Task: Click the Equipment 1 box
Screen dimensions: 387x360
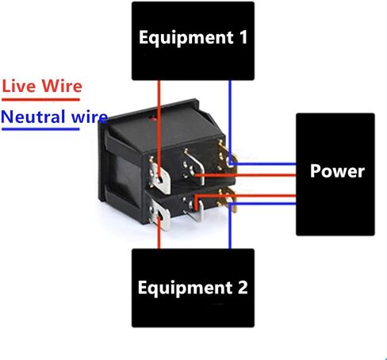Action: tap(193, 41)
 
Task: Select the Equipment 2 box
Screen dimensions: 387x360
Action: tap(193, 288)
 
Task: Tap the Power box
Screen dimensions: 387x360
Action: tap(335, 174)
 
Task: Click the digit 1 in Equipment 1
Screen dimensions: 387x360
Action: tap(243, 37)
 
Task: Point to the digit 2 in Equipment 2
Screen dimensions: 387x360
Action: tap(243, 287)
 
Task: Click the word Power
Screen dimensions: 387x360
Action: tap(337, 171)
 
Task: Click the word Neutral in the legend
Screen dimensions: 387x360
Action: tap(33, 117)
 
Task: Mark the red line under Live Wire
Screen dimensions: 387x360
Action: tap(40, 100)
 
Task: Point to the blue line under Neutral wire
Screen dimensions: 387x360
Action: tap(40, 129)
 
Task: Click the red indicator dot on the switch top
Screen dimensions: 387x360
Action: tap(152, 118)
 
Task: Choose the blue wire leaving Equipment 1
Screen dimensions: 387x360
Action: tap(230, 121)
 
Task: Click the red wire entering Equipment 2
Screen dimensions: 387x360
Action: tap(159, 232)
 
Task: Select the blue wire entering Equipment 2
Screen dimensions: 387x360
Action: tap(230, 225)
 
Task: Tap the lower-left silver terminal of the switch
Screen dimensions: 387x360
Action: tap(159, 214)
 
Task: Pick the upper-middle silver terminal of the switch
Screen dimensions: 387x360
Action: tap(195, 167)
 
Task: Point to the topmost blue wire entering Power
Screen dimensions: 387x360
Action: tap(263, 164)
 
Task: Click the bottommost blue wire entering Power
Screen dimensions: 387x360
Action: tap(263, 204)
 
